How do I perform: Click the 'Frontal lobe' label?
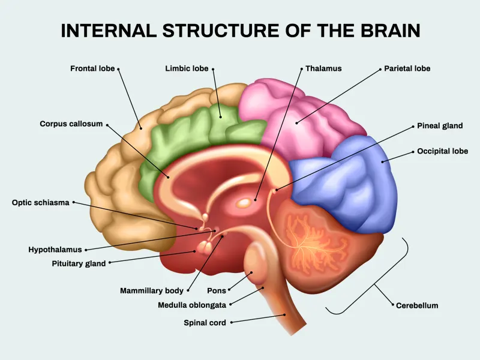(92, 69)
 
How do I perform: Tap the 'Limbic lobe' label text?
(187, 69)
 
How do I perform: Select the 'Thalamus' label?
(323, 68)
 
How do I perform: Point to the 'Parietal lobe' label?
(407, 68)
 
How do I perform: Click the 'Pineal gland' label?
(440, 126)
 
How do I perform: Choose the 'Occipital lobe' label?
(442, 151)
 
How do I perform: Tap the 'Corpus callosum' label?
(71, 124)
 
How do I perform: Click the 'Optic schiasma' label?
(41, 202)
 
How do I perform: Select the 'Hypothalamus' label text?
(55, 250)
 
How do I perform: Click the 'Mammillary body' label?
(152, 290)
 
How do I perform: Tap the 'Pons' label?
(217, 290)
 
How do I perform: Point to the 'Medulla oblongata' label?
(192, 305)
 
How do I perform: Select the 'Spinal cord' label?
(205, 323)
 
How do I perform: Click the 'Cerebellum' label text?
(417, 305)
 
